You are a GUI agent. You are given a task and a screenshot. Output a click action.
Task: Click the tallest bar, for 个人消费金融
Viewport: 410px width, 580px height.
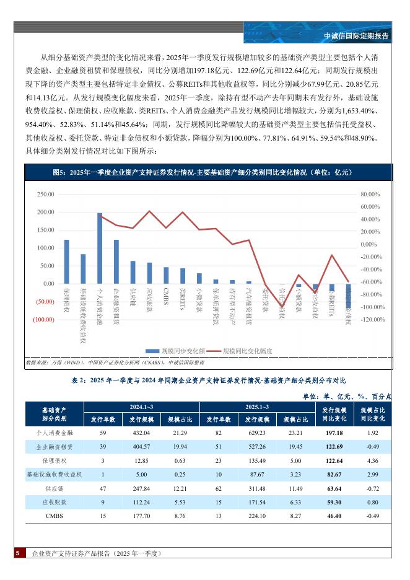(100, 248)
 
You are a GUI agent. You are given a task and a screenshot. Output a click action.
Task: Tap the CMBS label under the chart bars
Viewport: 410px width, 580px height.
(166, 292)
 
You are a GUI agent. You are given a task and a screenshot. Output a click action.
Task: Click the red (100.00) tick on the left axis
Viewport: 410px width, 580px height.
(44, 320)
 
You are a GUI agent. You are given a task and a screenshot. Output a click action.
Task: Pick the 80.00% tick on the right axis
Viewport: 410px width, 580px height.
(369, 194)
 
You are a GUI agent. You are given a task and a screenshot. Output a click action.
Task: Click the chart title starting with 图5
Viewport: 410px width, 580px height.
(207, 172)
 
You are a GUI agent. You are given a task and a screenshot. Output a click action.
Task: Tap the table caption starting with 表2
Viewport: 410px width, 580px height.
(207, 380)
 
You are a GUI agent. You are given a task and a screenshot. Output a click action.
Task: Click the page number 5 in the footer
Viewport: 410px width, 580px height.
(18, 553)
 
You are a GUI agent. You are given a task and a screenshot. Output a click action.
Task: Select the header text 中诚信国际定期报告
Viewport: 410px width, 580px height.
(357, 36)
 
